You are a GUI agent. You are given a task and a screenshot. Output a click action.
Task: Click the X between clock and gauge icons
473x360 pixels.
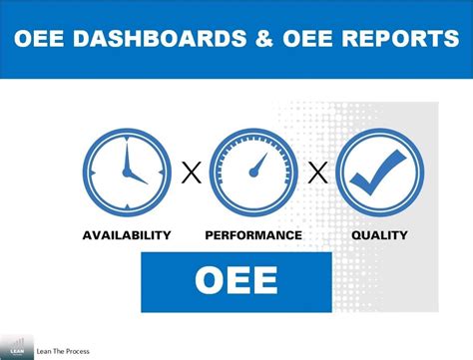tap(190, 175)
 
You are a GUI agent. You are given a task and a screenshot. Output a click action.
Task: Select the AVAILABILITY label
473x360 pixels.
tap(126, 235)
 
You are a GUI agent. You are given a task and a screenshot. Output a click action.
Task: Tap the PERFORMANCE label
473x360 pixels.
tap(253, 235)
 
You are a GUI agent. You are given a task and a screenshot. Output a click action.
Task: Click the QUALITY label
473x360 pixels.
tap(379, 235)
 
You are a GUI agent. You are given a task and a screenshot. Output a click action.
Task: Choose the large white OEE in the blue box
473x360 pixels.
tap(236, 281)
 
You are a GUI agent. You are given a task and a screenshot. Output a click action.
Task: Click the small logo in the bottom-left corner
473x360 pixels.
tap(16, 344)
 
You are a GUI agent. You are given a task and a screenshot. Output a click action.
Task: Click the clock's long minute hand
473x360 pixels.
tap(123, 158)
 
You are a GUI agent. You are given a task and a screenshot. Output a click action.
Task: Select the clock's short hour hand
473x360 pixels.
tap(134, 177)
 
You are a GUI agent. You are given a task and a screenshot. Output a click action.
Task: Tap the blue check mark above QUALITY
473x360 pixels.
tap(382, 171)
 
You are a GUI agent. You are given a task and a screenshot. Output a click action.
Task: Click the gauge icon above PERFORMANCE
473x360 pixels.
tap(253, 174)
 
